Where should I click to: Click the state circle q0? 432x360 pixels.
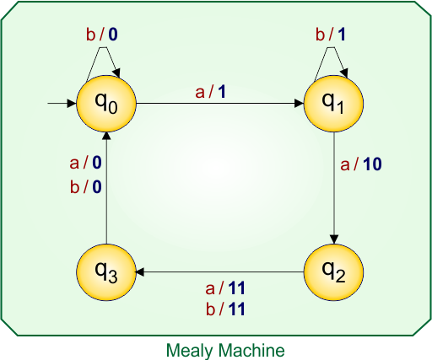click(x=105, y=104)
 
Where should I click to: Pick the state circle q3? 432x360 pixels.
click(x=105, y=272)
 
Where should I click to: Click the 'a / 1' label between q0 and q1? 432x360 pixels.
click(x=211, y=92)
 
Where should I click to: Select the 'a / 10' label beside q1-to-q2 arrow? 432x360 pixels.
click(x=361, y=164)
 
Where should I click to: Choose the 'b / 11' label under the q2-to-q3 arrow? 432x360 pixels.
click(x=225, y=309)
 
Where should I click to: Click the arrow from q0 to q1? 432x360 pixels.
click(x=219, y=104)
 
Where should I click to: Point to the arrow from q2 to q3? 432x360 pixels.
click(x=219, y=272)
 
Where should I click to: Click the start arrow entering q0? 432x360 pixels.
click(x=61, y=104)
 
